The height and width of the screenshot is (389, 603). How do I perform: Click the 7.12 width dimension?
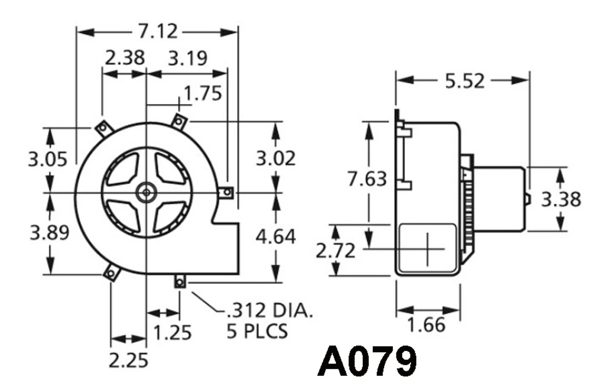click(158, 32)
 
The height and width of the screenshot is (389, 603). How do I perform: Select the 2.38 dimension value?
click(124, 59)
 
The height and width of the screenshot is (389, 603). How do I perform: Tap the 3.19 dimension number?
click(187, 59)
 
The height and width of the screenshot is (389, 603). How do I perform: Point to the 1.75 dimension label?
click(203, 94)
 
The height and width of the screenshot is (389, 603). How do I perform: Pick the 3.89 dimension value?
click(49, 232)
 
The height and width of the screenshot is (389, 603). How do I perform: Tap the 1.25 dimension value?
click(172, 333)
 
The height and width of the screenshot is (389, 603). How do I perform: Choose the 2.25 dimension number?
click(128, 360)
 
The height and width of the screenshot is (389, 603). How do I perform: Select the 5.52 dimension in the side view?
click(464, 81)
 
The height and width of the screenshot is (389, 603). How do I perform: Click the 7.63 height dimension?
click(367, 179)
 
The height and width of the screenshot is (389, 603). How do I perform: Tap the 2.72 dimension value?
click(335, 251)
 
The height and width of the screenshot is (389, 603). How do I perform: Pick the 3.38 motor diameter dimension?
click(561, 199)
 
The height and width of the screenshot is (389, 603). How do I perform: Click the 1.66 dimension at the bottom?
click(426, 325)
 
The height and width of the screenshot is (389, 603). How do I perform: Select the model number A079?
click(367, 362)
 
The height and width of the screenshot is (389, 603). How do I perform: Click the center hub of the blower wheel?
click(147, 192)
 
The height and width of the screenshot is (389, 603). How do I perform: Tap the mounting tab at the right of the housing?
click(228, 192)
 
